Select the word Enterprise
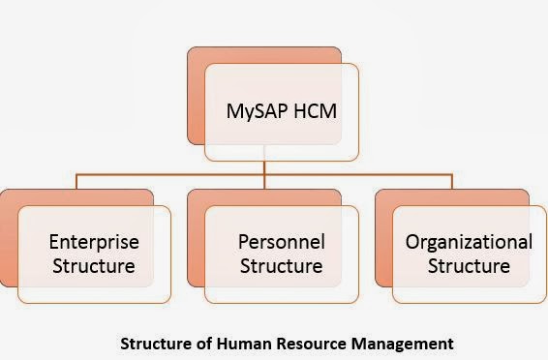pos(93,241)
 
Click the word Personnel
pos(282,241)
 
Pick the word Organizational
pos(470,241)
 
